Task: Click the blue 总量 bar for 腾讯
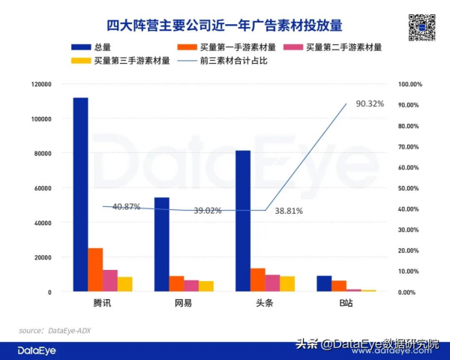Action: (80, 194)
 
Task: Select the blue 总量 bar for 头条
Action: (243, 220)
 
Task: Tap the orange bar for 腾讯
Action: (95, 269)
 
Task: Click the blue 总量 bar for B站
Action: (324, 283)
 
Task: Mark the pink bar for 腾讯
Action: (110, 280)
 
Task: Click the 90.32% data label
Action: (370, 103)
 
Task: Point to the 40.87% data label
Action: (126, 207)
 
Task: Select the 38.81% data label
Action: (289, 211)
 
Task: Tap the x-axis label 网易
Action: (183, 303)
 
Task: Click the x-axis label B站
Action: (346, 303)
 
